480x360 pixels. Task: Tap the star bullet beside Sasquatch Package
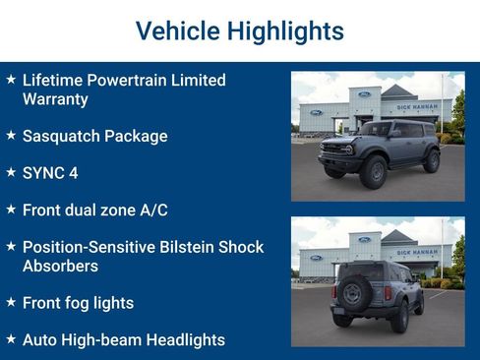[x=10, y=135]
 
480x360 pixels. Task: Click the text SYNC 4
[x=49, y=173]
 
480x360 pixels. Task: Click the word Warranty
[x=55, y=98]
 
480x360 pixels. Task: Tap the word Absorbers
[x=60, y=266]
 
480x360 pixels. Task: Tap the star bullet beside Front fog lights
[x=10, y=302]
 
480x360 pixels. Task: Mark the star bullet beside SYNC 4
[x=10, y=172]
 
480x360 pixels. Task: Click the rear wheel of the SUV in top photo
[x=430, y=160]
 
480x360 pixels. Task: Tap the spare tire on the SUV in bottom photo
[x=352, y=292]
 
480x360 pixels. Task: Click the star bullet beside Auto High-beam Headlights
[x=10, y=338]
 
